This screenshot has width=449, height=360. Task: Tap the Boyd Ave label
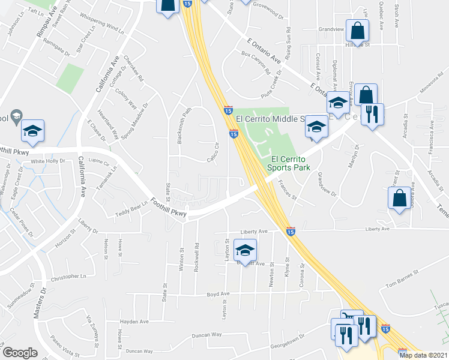tap(218, 294)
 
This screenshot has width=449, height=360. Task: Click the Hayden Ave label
tap(134, 322)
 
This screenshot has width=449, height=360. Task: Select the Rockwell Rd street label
tap(196, 258)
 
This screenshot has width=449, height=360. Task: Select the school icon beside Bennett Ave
tap(245, 250)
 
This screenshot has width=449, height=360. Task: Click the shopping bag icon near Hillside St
tap(357, 30)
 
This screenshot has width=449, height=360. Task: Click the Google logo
tap(20, 353)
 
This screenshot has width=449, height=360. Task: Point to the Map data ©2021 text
tap(424, 355)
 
